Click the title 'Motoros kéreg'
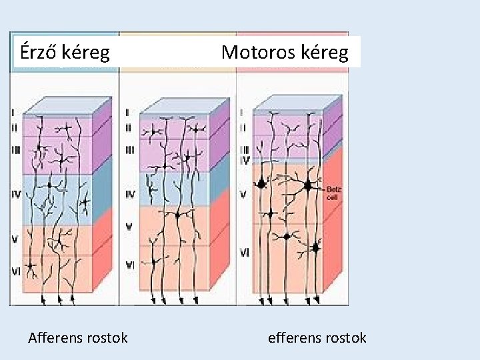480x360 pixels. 285,52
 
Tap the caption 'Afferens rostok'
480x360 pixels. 78,338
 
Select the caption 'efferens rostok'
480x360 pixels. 317,338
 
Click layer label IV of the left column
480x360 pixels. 16,195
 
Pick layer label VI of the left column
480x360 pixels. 16,271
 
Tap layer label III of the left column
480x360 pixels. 16,150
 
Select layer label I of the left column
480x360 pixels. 14,113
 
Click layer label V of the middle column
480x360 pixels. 129,227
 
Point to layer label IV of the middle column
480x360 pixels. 131,195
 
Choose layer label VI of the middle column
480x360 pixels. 131,265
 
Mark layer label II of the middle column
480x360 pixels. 129,126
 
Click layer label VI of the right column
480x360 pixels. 245,253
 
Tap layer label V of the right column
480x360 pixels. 243,195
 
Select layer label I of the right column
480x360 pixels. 242,113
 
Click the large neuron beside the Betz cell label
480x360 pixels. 308,186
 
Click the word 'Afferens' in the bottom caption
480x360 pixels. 55,338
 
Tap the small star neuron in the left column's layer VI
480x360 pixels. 31,268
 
